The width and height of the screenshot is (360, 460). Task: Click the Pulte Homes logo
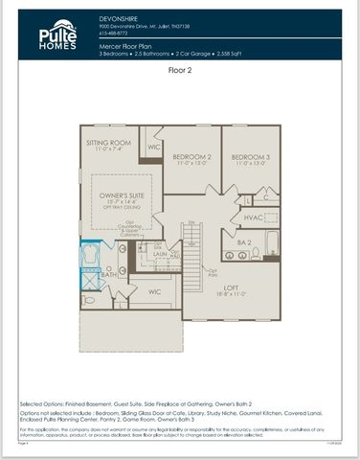pyautogui.click(x=57, y=34)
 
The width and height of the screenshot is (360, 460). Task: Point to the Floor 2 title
pyautogui.click(x=180, y=70)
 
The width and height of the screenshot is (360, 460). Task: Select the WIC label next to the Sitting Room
pyautogui.click(x=154, y=147)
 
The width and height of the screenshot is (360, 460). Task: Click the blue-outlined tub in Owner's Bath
pyautogui.click(x=91, y=255)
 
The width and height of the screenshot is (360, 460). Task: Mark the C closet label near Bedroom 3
pyautogui.click(x=265, y=199)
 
